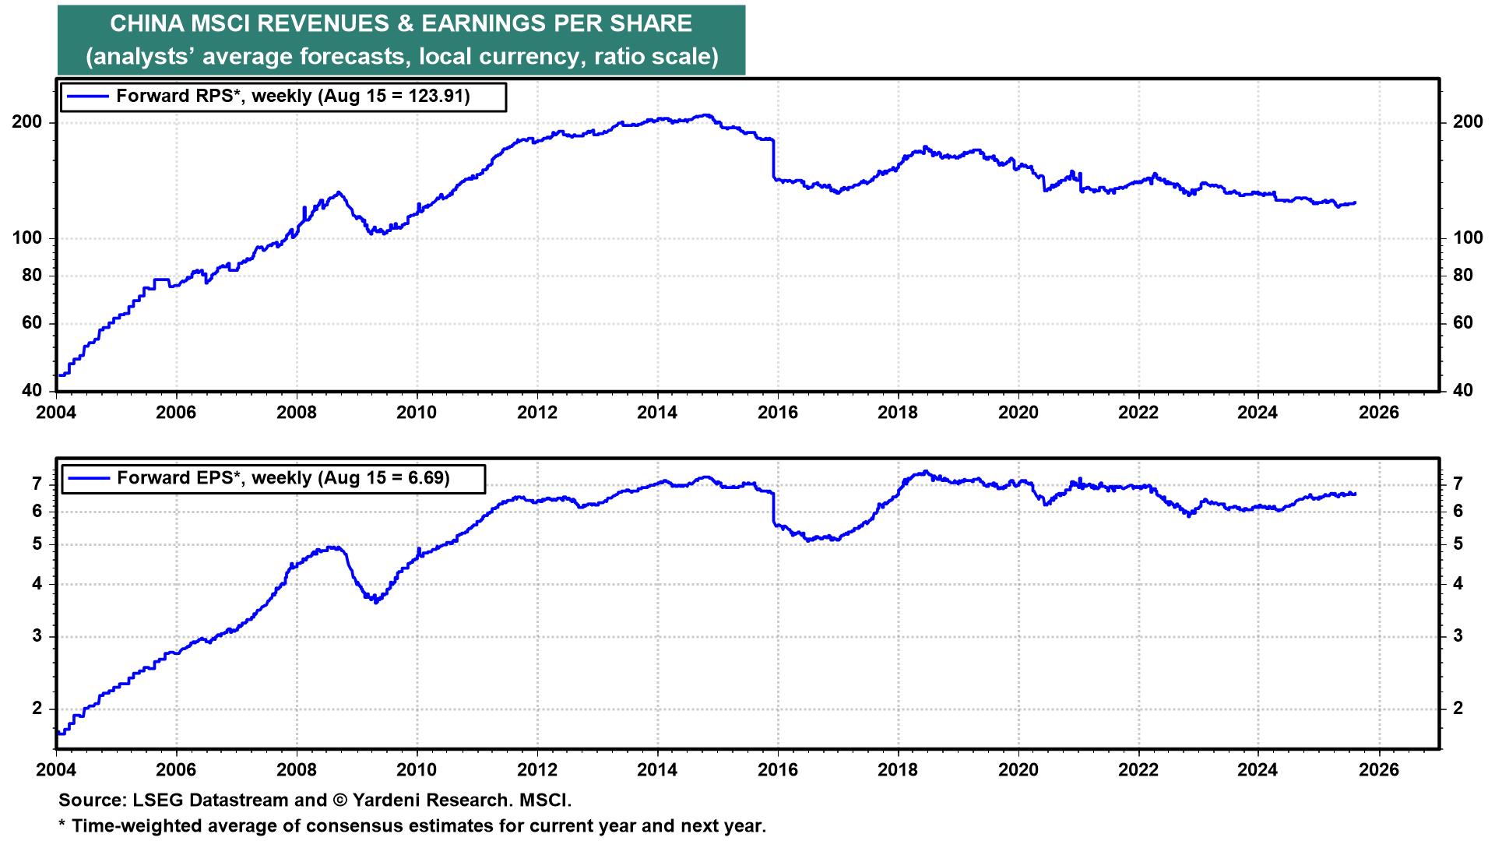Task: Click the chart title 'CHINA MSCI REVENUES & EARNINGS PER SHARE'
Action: (x=401, y=24)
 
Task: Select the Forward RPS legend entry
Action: (x=283, y=97)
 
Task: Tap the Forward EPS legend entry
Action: (x=273, y=478)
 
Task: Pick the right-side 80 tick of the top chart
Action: (x=1462, y=276)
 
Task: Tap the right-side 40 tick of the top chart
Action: (x=1462, y=391)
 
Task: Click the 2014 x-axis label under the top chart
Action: (x=657, y=412)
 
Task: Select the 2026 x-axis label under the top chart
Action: (x=1379, y=412)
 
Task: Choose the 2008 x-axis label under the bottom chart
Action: (x=297, y=770)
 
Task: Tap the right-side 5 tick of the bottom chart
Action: (x=1458, y=544)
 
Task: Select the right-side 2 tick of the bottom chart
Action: (x=1458, y=709)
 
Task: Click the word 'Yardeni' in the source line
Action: (x=386, y=801)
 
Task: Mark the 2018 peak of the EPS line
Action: (x=924, y=472)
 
